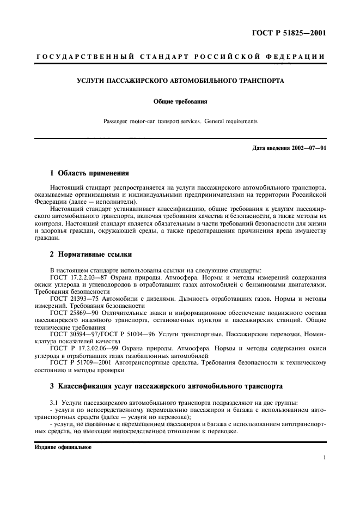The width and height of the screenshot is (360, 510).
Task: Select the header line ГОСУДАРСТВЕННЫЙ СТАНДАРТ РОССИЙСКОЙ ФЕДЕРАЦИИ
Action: coord(180,57)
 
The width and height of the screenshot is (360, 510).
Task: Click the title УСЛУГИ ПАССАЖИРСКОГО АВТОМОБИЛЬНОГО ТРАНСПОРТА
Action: coord(180,80)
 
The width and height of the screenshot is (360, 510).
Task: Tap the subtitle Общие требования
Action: coord(180,101)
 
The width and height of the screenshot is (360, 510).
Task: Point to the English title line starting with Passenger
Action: coord(180,121)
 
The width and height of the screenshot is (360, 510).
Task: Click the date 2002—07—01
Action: coord(307,148)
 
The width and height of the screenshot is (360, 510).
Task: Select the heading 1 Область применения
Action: coord(89,173)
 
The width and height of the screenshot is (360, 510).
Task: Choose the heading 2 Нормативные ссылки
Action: coord(90,254)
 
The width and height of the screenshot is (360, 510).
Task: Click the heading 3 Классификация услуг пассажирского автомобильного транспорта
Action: coord(166,386)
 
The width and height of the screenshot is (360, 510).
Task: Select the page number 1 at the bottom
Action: coord(324,458)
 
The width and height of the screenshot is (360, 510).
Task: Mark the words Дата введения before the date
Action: coord(270,148)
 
